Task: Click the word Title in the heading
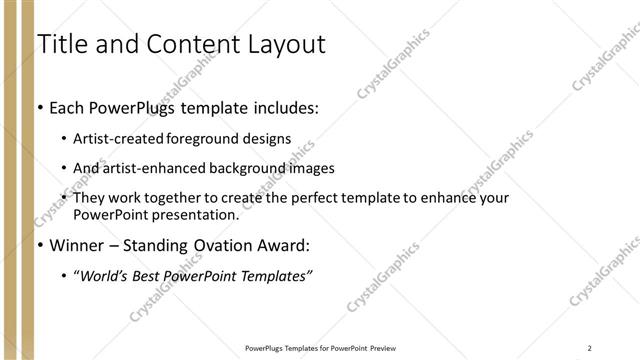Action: (61, 44)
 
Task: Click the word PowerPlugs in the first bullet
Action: (140, 108)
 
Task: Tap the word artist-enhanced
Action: (148, 168)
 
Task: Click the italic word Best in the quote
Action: (153, 276)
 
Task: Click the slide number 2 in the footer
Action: (590, 348)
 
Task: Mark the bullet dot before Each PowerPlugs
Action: (39, 108)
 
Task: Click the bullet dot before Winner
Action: (39, 245)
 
